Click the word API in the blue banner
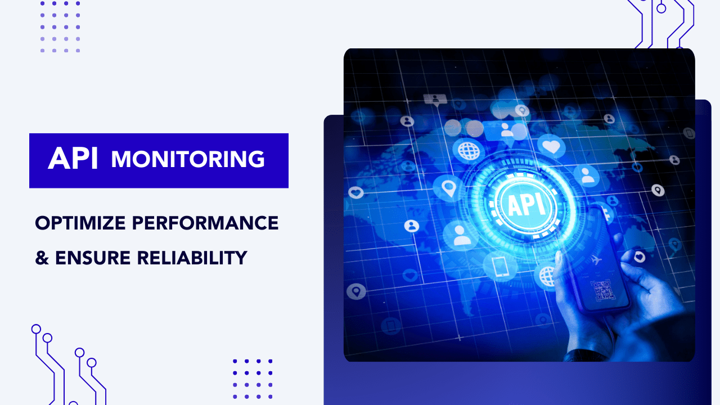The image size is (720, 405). [x=73, y=159]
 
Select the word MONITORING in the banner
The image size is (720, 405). [x=188, y=159]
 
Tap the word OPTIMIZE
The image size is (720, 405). [x=79, y=223]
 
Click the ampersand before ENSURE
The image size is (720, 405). [x=42, y=258]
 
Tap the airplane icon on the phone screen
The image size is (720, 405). [x=597, y=259]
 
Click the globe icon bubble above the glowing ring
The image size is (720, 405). [x=468, y=151]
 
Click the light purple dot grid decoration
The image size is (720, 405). [x=60, y=26]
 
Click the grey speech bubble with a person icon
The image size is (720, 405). [x=435, y=100]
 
